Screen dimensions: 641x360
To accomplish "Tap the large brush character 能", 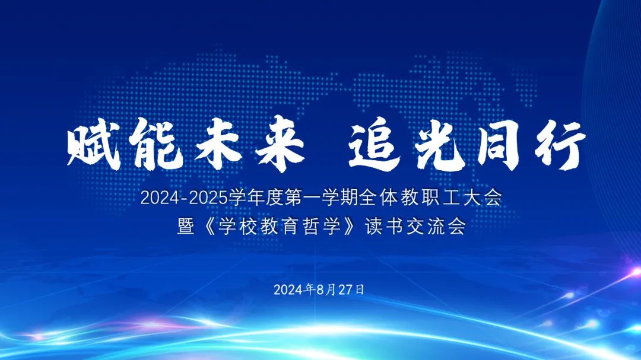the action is click(156, 144).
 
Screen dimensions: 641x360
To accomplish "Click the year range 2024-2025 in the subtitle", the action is click(184, 198).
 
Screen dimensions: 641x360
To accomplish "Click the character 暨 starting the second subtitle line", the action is click(186, 227).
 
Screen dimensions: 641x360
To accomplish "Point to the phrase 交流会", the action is click(436, 227).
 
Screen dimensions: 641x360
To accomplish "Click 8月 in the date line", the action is click(326, 289).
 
